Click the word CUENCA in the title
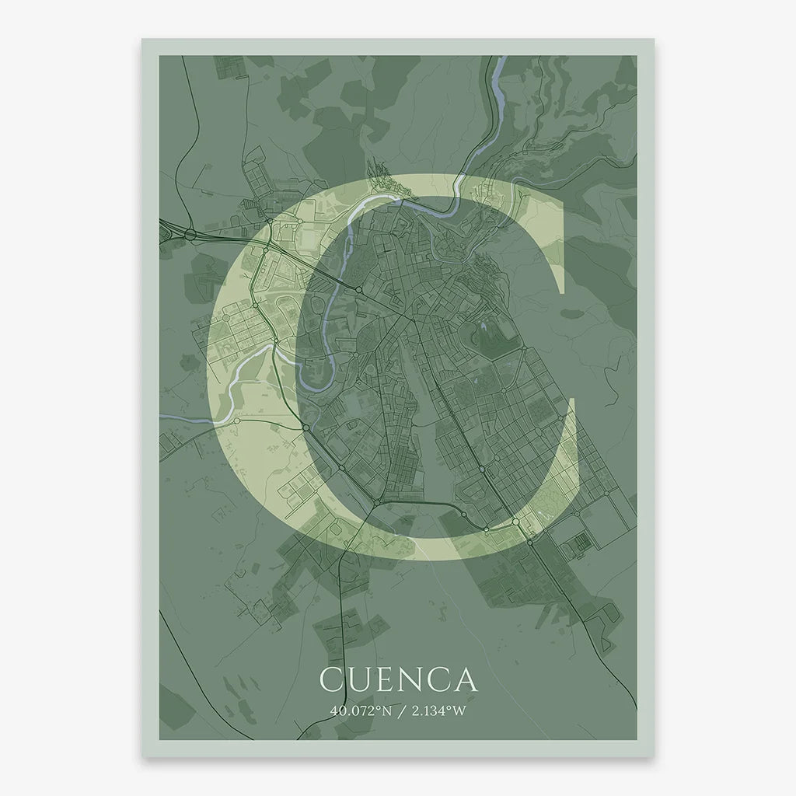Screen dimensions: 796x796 point(398,679)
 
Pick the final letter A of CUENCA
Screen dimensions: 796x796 point(464,679)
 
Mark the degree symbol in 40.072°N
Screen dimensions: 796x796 point(376,707)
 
